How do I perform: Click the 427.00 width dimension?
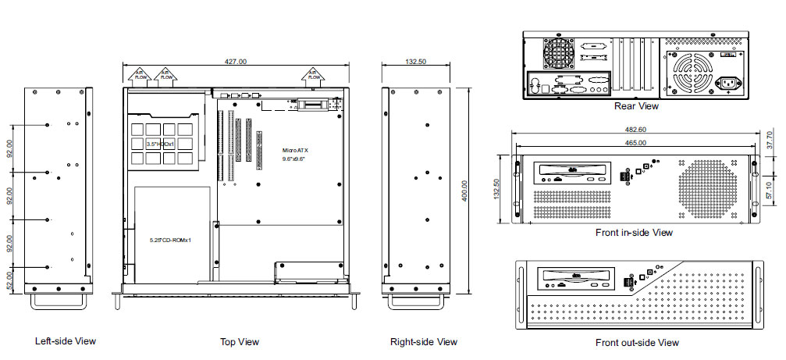(236, 61)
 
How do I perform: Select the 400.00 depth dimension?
(465, 190)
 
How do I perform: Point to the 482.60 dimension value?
(636, 129)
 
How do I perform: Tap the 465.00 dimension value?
(636, 143)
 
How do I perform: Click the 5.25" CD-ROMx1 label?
(171, 240)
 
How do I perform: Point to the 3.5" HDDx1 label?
(159, 144)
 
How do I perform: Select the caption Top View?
(240, 341)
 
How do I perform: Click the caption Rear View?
(636, 106)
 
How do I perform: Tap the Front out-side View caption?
(637, 342)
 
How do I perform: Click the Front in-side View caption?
(635, 232)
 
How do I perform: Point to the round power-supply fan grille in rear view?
(691, 73)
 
